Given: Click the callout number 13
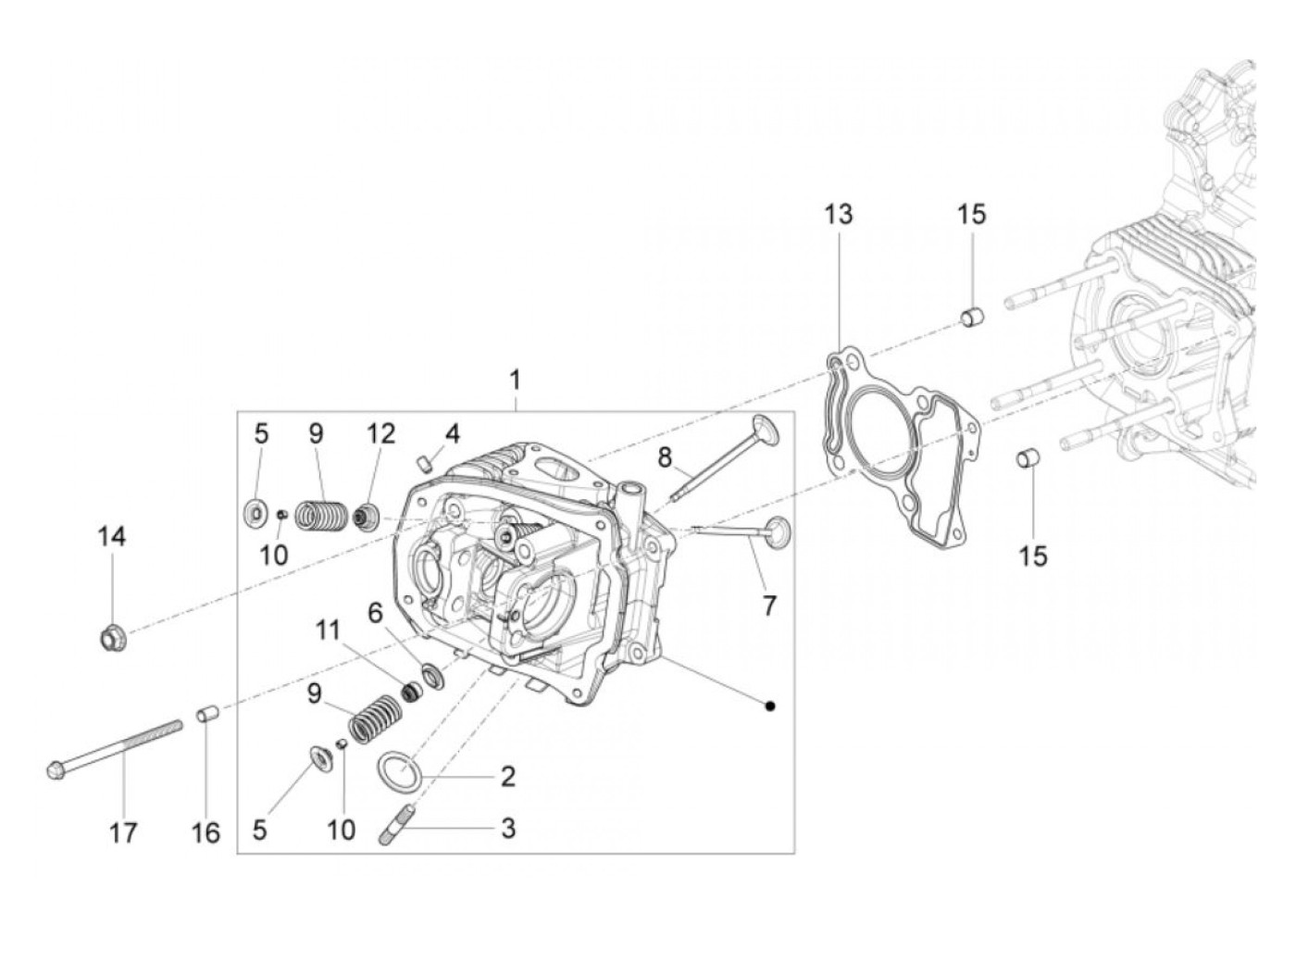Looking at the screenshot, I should (839, 215).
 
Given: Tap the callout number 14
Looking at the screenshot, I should (112, 536).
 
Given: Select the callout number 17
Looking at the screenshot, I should (123, 832).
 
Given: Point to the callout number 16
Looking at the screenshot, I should (206, 832).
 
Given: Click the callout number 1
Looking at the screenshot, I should (515, 381).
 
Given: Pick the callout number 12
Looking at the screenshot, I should (380, 433).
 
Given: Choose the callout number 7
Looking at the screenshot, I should (769, 606).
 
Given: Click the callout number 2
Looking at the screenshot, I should (507, 776).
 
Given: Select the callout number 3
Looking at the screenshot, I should (507, 828).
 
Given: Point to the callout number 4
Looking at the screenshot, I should (452, 433).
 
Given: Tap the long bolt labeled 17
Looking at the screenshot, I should (111, 747).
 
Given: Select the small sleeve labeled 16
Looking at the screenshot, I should (206, 716).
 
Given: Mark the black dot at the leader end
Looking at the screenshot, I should (770, 706).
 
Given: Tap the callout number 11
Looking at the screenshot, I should (327, 632).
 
